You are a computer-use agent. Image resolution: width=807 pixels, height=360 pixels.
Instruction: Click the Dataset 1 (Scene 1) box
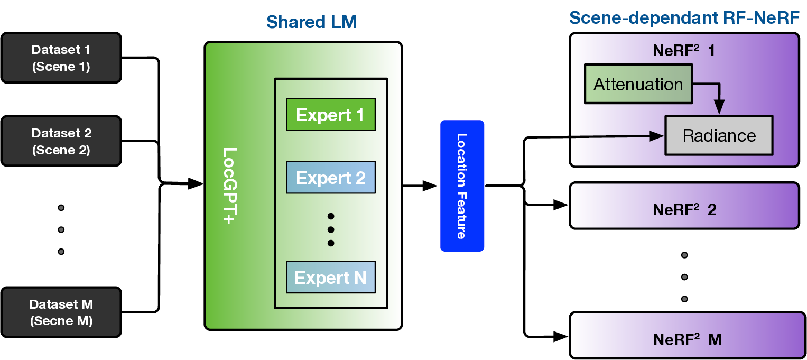point(61,58)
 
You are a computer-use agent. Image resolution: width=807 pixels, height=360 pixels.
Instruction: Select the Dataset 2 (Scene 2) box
point(61,142)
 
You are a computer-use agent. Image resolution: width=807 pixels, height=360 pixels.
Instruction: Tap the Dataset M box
point(61,312)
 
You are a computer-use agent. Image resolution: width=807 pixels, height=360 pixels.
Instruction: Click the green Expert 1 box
point(330,115)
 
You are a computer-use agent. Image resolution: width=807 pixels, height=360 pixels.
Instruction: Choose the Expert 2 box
point(330,177)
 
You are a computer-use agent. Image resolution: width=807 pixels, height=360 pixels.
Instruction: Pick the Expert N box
point(330,277)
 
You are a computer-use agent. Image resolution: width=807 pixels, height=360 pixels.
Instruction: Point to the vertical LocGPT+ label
point(229,186)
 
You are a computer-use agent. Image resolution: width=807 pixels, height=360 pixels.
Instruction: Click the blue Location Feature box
point(462,186)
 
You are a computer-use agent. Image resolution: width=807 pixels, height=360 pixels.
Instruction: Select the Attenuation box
point(638,84)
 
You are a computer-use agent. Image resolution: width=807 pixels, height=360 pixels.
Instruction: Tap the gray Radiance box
point(719,136)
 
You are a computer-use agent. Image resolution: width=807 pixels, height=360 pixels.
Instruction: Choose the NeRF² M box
point(687,336)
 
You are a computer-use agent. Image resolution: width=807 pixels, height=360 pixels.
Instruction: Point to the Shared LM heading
point(311,22)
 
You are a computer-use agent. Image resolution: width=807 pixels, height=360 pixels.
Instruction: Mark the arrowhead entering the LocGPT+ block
point(197,184)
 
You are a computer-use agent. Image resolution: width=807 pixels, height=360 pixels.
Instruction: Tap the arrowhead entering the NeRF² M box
point(561,335)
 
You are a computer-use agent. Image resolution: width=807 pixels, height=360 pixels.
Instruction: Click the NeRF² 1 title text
point(684,51)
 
